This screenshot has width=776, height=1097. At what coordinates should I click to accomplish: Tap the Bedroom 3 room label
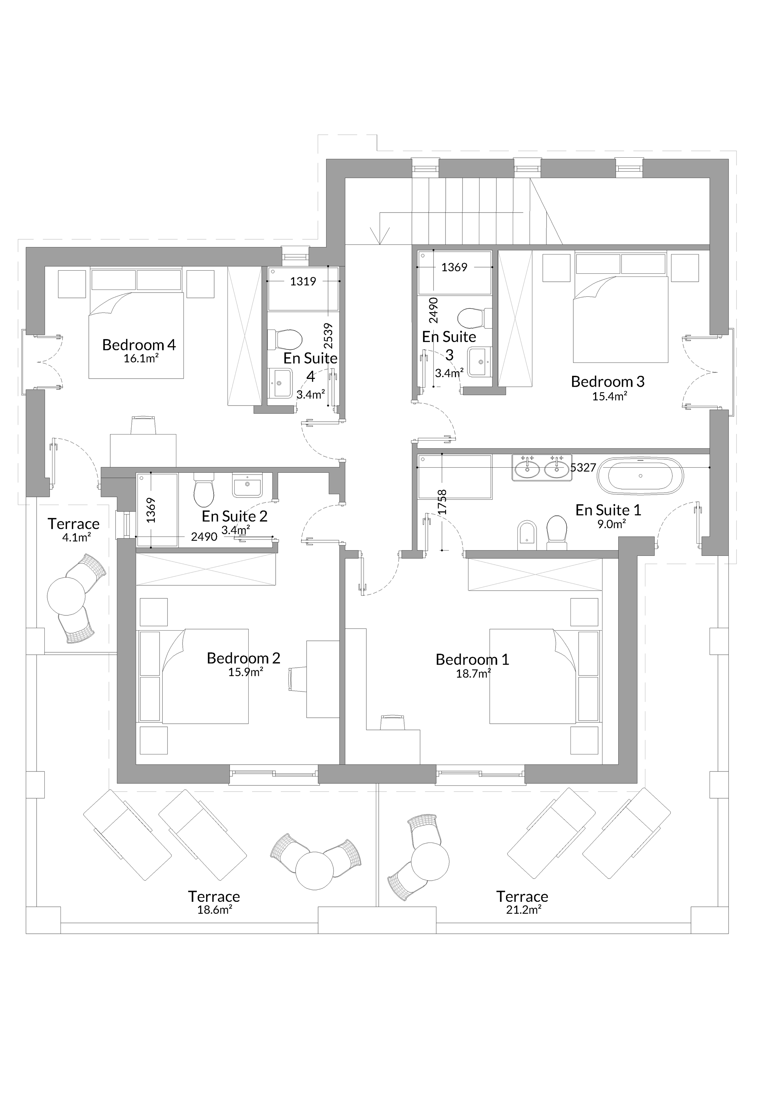[608, 381]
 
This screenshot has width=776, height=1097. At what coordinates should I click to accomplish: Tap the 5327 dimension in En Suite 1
[583, 467]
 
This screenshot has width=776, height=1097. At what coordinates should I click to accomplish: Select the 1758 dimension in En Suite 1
[442, 502]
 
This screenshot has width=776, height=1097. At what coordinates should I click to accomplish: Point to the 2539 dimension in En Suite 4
[328, 336]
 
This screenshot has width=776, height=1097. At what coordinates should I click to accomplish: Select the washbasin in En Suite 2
[247, 485]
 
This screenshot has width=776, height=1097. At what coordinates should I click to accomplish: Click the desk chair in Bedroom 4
[143, 425]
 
